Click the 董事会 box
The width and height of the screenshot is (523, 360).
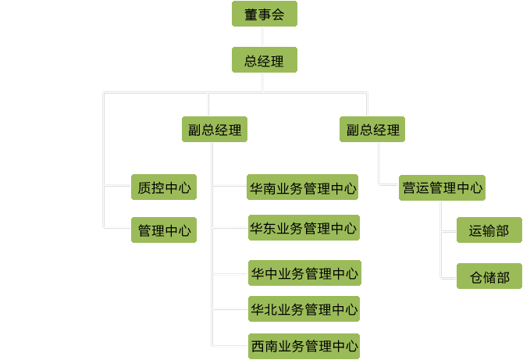pos(264,14)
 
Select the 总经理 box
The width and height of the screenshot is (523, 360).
pos(264,60)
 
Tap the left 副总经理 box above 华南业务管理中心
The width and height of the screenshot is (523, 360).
pos(215,130)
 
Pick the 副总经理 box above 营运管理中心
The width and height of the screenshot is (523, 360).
pos(373,130)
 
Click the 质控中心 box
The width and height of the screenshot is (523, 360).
pos(163,187)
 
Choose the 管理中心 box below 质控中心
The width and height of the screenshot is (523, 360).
pos(163,230)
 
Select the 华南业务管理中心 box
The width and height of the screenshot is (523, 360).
pos(303,187)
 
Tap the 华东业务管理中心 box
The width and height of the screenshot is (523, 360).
pos(303,228)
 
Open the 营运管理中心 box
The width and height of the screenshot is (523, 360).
pos(442,187)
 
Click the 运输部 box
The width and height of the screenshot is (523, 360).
pos(489,230)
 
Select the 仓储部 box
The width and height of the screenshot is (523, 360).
pos(489,276)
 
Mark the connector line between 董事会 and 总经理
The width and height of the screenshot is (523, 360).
pos(264,37)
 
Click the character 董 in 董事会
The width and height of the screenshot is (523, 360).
pos(251,14)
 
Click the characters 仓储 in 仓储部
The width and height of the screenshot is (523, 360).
pos(482,276)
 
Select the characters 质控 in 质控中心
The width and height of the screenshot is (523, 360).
pos(150,187)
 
